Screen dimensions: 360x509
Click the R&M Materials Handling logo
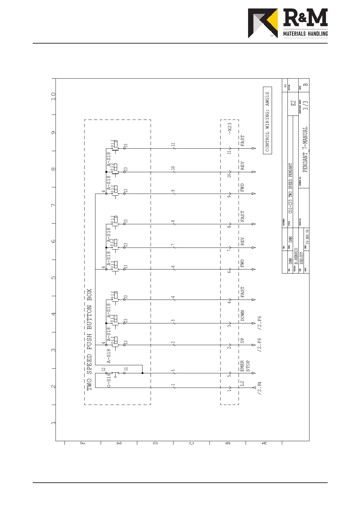pos(287,23)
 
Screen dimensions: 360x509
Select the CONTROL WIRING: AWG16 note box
pos(267,121)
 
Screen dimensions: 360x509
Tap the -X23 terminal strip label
pos(230,128)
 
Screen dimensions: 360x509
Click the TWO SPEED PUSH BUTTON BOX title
pos(89,340)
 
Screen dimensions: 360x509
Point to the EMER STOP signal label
pos(245,366)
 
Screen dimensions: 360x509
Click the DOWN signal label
pos(242,316)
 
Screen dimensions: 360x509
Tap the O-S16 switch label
pos(109,380)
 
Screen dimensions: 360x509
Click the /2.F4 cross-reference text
pos(260,388)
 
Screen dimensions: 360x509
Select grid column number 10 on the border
pos(54,96)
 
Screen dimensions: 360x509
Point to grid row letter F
pos(83,443)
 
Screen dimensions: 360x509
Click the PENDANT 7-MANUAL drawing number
pos(305,149)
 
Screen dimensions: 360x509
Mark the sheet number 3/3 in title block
pos(306,105)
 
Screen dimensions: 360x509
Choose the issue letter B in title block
pos(306,85)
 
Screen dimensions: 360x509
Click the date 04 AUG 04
pos(307,237)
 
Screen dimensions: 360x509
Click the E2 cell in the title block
pos(293,103)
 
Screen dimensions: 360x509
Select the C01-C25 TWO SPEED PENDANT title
pos(290,188)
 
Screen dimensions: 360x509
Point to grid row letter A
pos(264,443)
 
